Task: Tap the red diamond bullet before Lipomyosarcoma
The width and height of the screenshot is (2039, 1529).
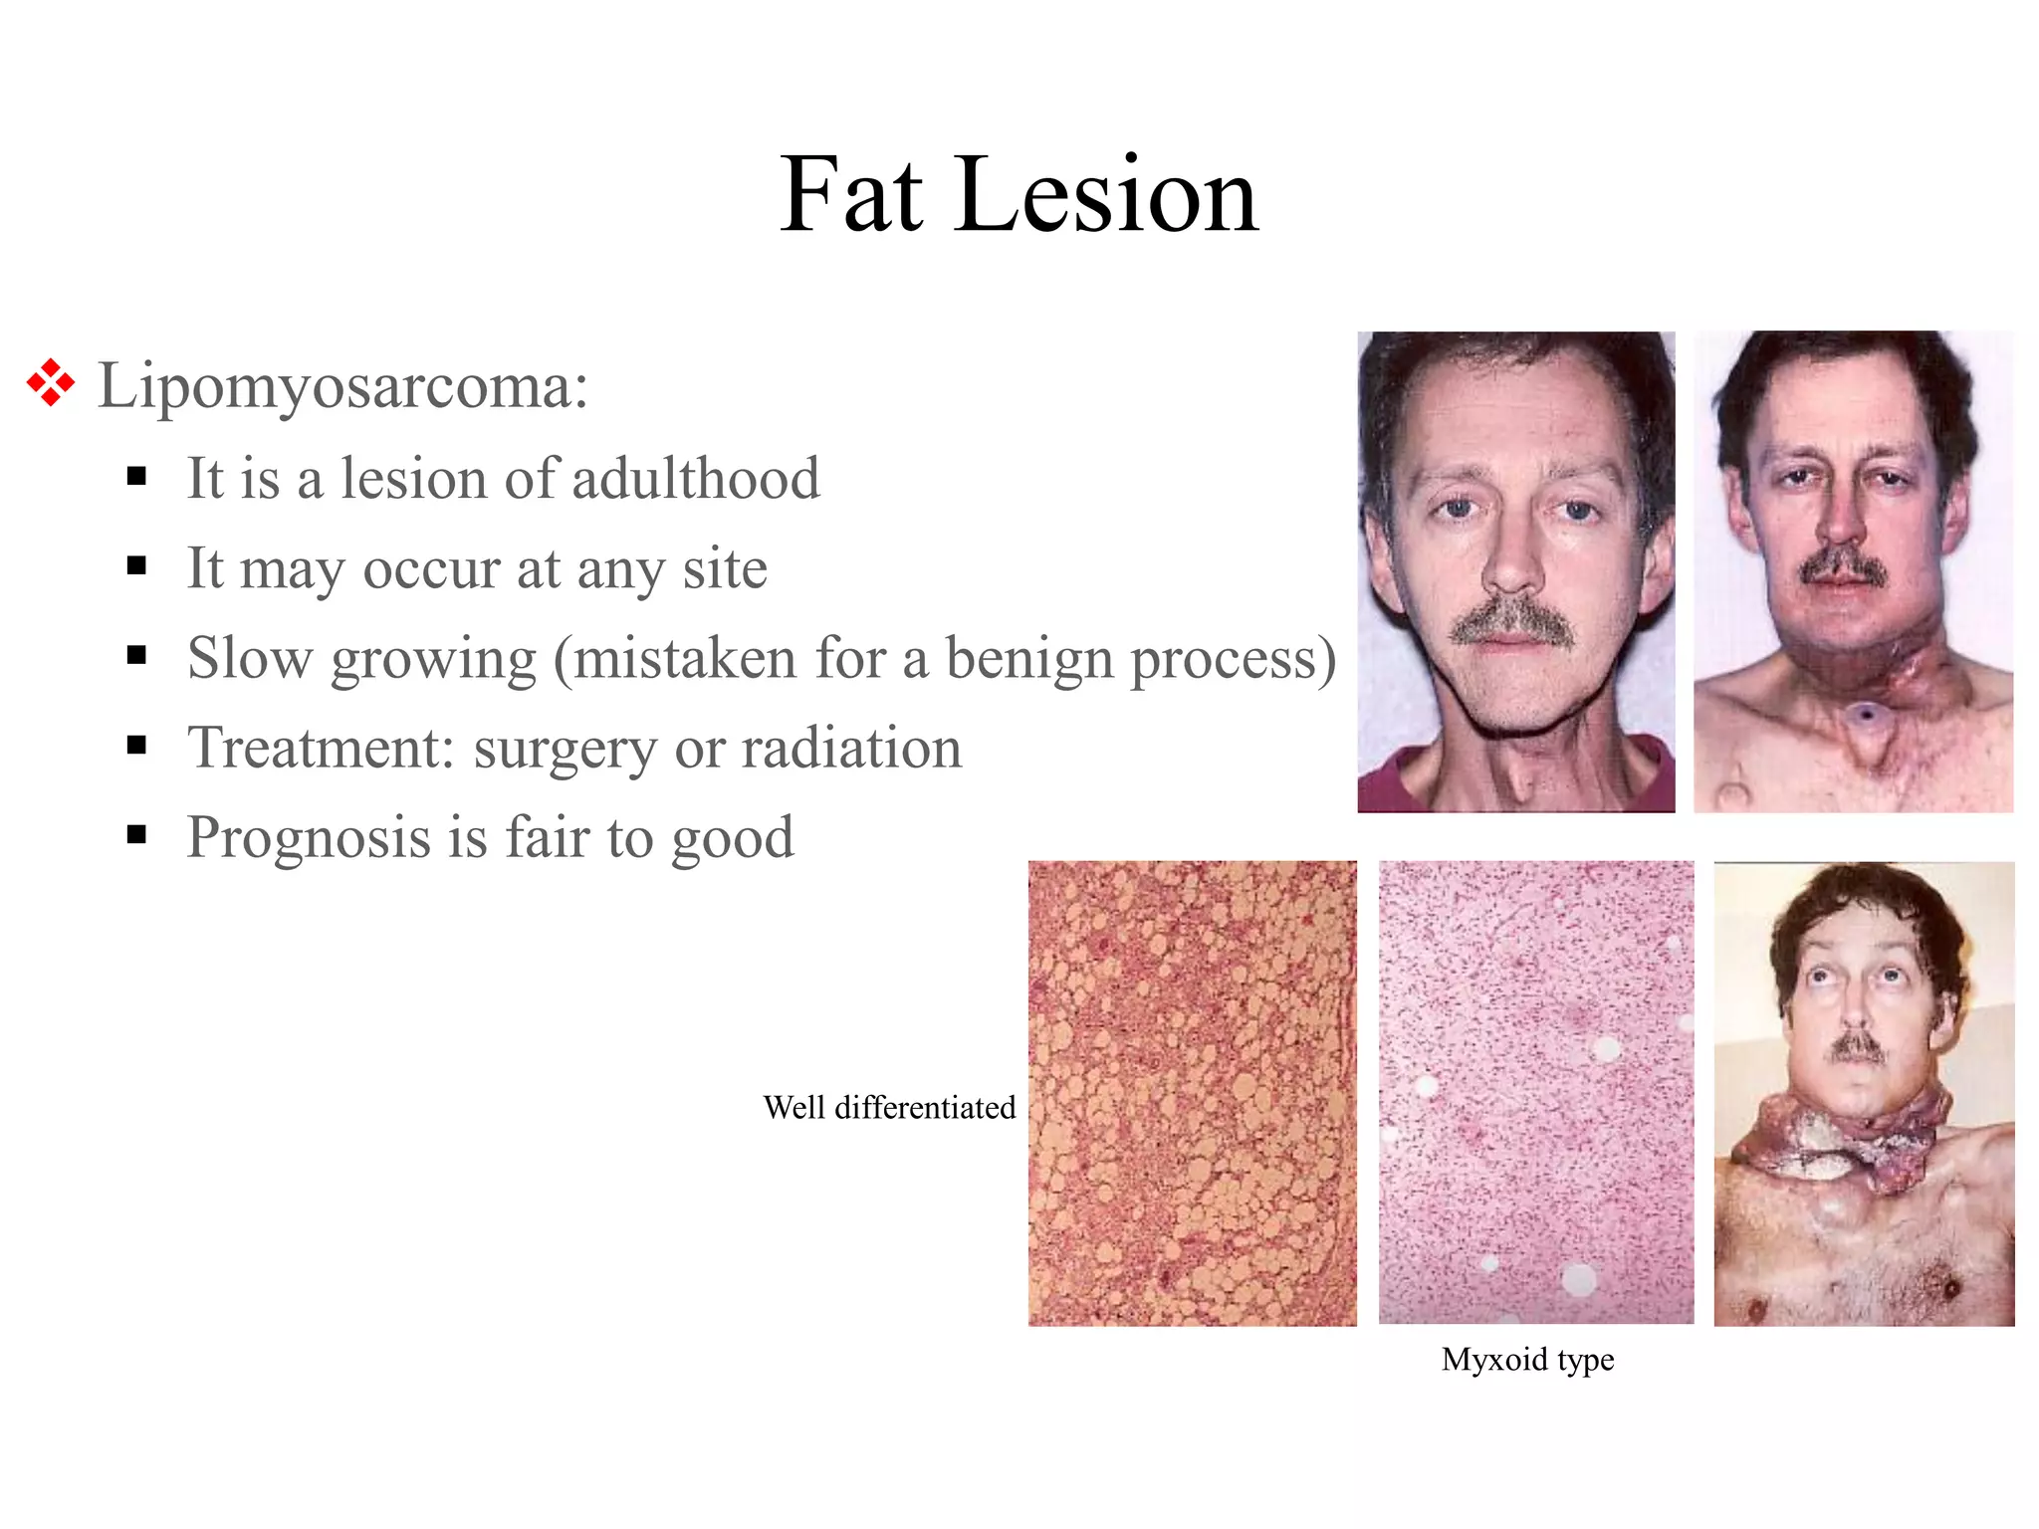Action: coord(51,383)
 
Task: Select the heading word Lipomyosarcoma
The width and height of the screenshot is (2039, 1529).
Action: coord(342,386)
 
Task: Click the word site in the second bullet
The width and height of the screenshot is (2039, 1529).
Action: coord(725,568)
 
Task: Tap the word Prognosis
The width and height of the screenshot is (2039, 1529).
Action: coord(309,837)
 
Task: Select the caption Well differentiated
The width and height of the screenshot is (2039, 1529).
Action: coord(889,1107)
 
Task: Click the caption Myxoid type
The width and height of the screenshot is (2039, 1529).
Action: coord(1527,1359)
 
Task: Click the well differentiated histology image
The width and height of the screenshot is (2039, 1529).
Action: coord(1192,1093)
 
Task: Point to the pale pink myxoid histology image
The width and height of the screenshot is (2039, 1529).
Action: coord(1535,1093)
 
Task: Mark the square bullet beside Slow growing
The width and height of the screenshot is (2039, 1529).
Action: coord(137,656)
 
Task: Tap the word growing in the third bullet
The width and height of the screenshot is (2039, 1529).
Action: coord(434,660)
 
